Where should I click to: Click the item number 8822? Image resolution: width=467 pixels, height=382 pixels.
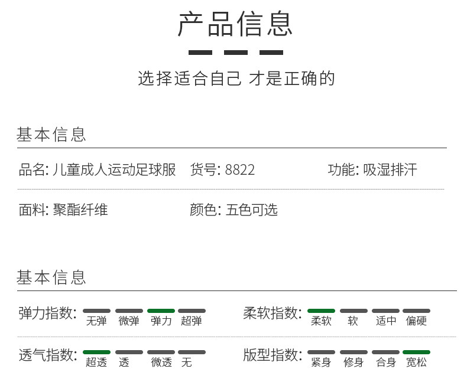pos(240,170)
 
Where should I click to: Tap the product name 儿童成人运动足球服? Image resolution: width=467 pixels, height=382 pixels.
pos(113,170)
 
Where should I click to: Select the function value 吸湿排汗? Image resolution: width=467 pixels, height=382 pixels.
pos(390,170)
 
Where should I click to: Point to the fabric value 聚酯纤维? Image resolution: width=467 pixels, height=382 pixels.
pos(80,210)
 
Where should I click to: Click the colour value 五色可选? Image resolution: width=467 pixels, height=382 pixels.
pos(251,210)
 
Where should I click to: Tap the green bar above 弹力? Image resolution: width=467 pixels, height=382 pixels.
pos(161,311)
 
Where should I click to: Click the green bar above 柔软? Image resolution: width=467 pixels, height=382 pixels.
pos(321,311)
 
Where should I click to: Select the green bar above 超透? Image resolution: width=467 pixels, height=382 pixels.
pos(96,352)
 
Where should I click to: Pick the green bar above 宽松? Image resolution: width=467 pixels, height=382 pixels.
pos(416,352)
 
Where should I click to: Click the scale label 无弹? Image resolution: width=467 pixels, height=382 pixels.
pos(96,321)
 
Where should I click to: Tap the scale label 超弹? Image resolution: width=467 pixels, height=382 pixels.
pos(192,321)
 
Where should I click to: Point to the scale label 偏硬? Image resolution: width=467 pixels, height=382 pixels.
pos(416,321)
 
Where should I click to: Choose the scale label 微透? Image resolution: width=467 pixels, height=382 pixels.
pos(161,363)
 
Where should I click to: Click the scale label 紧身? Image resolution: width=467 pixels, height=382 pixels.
pos(321,363)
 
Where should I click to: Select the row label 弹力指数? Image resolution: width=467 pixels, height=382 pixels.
pos(47,313)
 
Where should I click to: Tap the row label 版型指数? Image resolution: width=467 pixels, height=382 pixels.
pos(273,355)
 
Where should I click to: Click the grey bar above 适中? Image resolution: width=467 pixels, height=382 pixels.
pos(385,311)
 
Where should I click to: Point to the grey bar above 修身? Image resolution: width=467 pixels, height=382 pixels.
pos(354,352)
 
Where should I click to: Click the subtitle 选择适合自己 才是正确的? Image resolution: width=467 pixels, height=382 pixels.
pos(236,78)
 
